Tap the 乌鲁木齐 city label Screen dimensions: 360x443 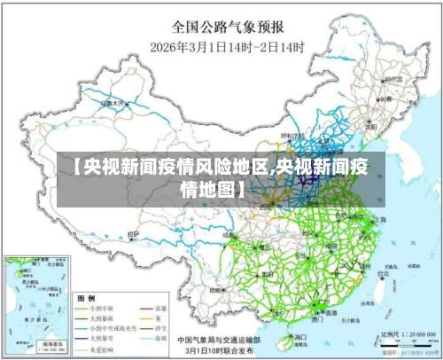[x=114, y=103]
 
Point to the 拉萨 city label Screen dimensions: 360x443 [x=133, y=235]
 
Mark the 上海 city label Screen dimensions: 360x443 [x=380, y=218]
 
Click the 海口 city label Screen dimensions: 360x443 [x=299, y=337]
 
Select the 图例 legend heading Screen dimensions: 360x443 [x=87, y=298]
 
